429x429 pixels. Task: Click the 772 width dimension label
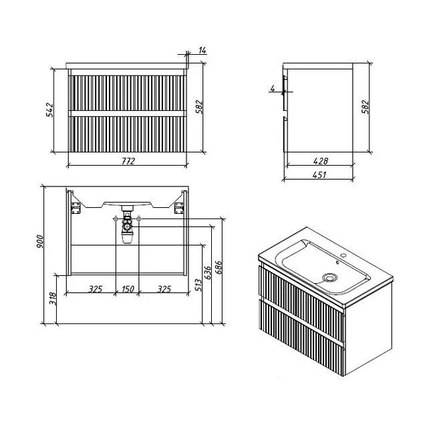click(128, 161)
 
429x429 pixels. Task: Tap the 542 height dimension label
click(50, 110)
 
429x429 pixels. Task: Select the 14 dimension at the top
click(202, 50)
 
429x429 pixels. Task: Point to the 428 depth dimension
click(320, 161)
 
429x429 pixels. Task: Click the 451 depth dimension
click(319, 174)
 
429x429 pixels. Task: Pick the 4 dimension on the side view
click(272, 88)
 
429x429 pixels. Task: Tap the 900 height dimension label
click(39, 241)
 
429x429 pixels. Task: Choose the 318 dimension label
click(53, 299)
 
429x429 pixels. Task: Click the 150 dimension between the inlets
click(128, 289)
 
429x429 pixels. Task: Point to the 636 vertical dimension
click(208, 273)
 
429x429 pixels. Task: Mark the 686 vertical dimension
click(219, 267)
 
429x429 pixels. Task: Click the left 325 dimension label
click(95, 289)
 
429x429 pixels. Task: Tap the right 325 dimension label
click(164, 289)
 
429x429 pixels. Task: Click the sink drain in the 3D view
click(330, 278)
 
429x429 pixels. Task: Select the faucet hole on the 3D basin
click(343, 257)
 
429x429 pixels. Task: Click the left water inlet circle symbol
click(116, 219)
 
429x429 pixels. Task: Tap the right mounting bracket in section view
click(179, 208)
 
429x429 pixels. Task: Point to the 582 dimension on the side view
click(366, 107)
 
